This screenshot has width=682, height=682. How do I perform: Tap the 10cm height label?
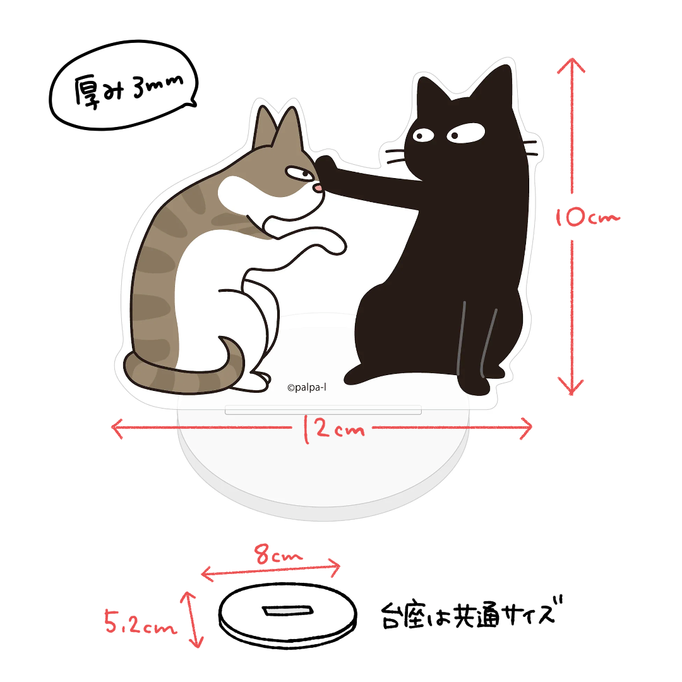[x=587, y=218]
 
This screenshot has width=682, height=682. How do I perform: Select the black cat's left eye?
[x=420, y=134]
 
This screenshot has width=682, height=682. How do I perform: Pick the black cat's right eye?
[x=466, y=133]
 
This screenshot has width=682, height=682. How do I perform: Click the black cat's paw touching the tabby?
[x=328, y=167]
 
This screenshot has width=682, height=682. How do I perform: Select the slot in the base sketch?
[x=288, y=611]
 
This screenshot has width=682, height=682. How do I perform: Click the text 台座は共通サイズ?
[x=470, y=613]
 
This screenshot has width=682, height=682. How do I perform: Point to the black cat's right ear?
[x=498, y=82]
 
